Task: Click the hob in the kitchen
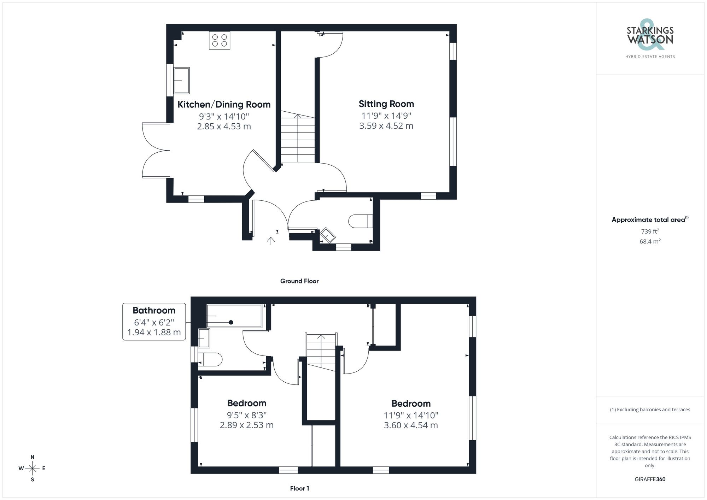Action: coord(219,40)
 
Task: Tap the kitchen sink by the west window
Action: coord(182,81)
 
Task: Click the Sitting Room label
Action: coord(386,104)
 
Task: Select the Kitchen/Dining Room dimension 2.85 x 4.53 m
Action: coord(224,127)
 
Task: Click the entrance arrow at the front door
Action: coord(271,241)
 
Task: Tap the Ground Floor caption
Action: coord(299,281)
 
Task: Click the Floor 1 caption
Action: coord(299,488)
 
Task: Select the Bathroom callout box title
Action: coord(154,311)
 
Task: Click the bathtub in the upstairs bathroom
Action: coord(234,316)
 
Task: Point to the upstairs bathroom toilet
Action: coord(211,359)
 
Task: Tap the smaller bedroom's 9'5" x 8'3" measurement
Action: coord(246,415)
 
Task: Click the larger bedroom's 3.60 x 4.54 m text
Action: coord(411,425)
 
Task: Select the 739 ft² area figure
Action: coord(650,231)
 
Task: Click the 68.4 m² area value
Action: coord(650,241)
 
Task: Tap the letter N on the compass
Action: coord(33,457)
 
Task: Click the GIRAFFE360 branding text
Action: coord(650,480)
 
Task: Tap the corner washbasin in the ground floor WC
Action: coord(328,235)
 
